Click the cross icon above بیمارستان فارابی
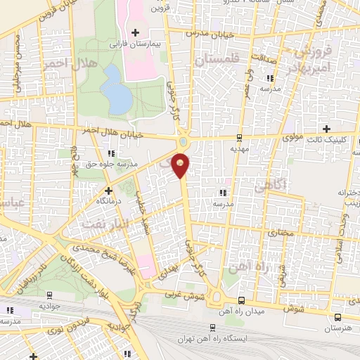point(136,32)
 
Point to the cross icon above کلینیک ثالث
point(326,128)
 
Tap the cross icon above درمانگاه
point(108,190)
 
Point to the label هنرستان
point(339,328)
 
